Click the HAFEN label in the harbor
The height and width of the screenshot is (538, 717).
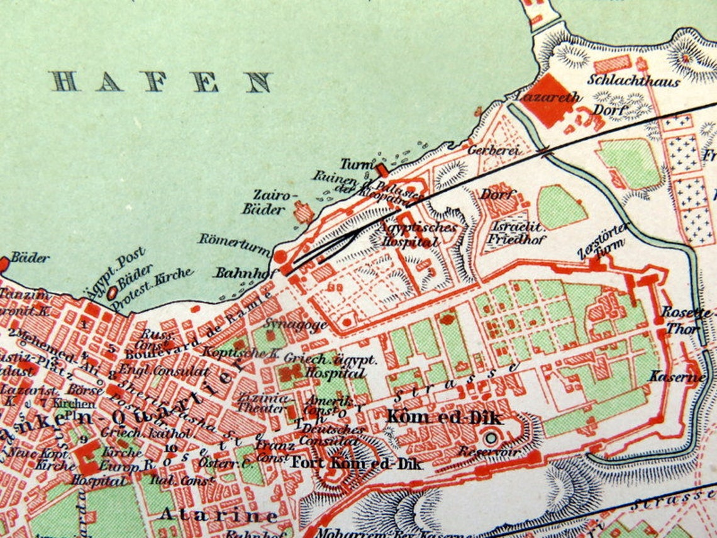(x=162, y=82)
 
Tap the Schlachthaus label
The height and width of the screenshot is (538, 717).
(x=633, y=81)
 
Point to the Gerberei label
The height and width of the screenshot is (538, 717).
(x=492, y=150)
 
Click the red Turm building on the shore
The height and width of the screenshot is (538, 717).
(x=381, y=170)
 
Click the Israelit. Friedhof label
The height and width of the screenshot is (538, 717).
(x=517, y=232)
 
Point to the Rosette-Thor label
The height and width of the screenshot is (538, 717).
(x=687, y=320)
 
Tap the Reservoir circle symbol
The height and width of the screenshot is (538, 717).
(x=490, y=437)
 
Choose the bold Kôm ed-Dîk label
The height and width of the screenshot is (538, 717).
(x=444, y=417)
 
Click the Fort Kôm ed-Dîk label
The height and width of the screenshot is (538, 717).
(x=356, y=462)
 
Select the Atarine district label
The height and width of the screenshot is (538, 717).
(x=218, y=514)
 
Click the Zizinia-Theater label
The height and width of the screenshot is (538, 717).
(x=262, y=403)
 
